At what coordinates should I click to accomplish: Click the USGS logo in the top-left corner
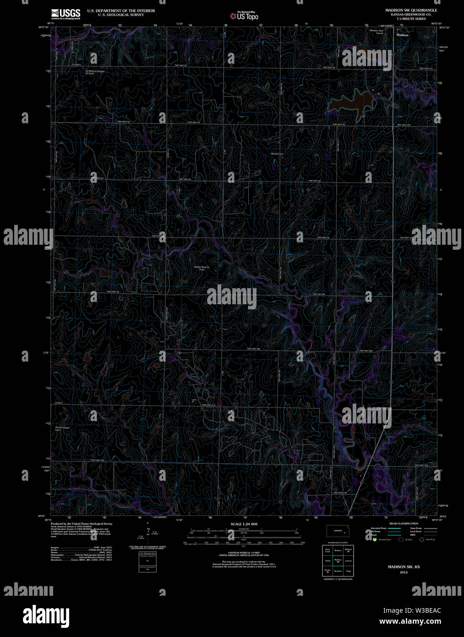point(66,13)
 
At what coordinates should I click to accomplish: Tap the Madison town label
point(402,35)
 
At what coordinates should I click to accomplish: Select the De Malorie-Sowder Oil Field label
point(95,72)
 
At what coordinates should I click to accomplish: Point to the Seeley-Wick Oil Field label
point(202,268)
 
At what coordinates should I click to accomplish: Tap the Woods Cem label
point(277,154)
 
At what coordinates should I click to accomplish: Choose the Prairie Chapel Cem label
point(62,428)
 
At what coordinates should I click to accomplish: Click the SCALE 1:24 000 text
point(244,524)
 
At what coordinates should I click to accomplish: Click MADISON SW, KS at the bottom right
point(404,567)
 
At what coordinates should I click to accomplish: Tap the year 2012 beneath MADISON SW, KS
point(404,572)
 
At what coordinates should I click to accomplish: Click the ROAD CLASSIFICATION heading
point(404,523)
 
